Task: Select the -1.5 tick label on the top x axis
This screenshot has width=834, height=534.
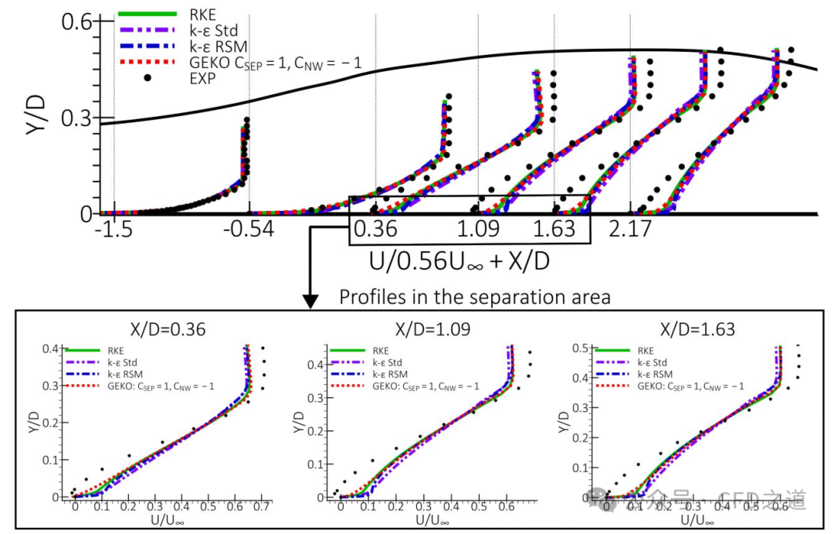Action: click(x=113, y=230)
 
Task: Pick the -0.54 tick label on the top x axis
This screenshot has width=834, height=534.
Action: click(x=249, y=230)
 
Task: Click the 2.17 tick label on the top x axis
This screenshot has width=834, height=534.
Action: click(x=632, y=230)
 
